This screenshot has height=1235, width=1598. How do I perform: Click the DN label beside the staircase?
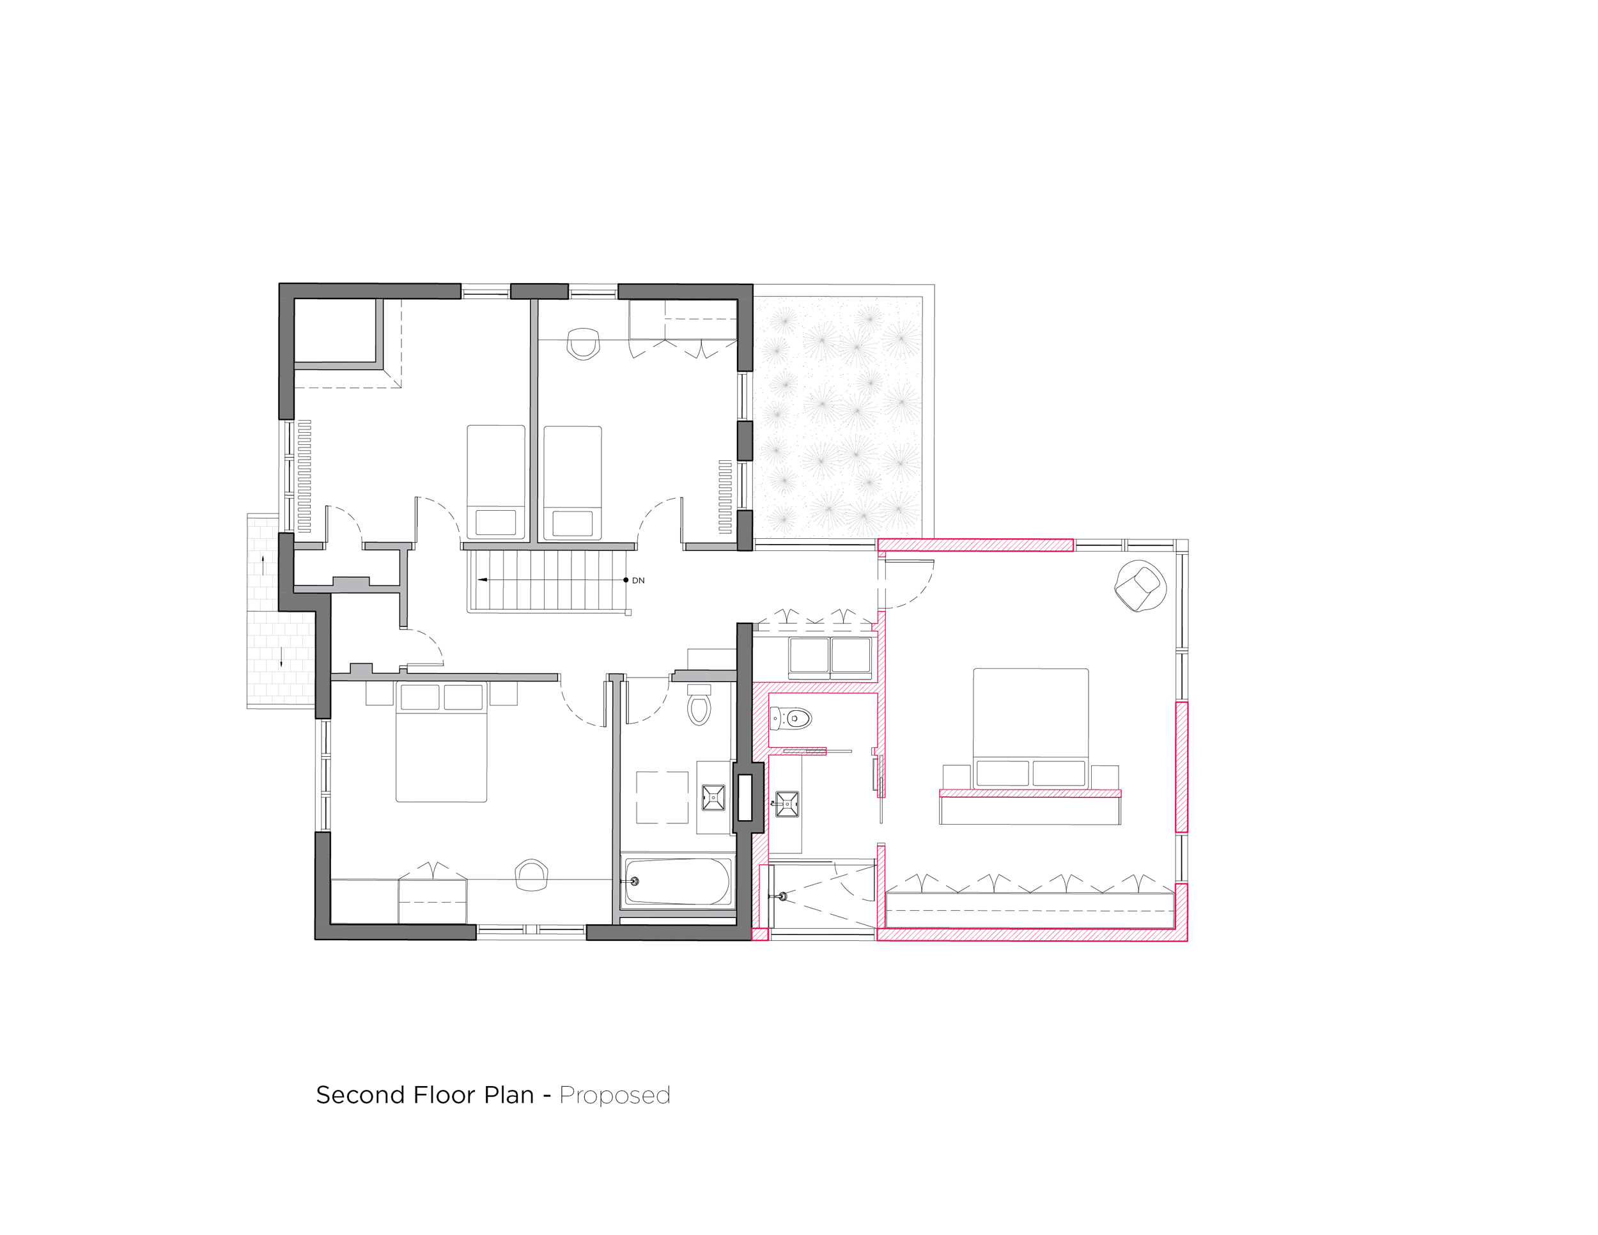pyautogui.click(x=638, y=580)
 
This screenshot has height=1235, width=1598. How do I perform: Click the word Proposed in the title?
pyautogui.click(x=615, y=1095)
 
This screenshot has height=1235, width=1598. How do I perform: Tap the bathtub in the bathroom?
pyautogui.click(x=678, y=882)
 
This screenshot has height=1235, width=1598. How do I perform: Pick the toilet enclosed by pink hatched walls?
pyautogui.click(x=791, y=718)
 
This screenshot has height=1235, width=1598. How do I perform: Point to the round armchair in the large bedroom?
pyautogui.click(x=1140, y=586)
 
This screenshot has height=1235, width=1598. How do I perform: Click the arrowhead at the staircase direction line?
pyautogui.click(x=482, y=579)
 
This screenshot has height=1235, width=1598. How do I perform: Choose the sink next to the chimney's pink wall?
pyautogui.click(x=787, y=804)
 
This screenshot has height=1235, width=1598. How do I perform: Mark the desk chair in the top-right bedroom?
pyautogui.click(x=583, y=343)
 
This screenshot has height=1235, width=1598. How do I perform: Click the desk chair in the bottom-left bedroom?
pyautogui.click(x=532, y=875)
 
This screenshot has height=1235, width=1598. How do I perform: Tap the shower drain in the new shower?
pyautogui.click(x=783, y=896)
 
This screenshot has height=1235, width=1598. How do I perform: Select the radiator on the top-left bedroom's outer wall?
pyautogui.click(x=304, y=476)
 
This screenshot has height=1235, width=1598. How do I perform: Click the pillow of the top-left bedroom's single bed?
pyautogui.click(x=495, y=522)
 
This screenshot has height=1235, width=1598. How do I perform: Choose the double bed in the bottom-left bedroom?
pyautogui.click(x=441, y=742)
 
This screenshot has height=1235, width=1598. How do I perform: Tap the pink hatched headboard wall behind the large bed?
pyautogui.click(x=1030, y=793)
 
